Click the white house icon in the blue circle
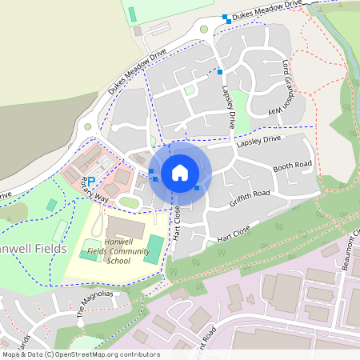[180, 172]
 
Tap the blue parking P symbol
[90, 182]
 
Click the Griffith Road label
[250, 194]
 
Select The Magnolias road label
[95, 303]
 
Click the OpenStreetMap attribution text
[81, 354]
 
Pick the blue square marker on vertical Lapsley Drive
[220, 72]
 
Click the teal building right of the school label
[154, 249]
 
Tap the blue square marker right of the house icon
[198, 187]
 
